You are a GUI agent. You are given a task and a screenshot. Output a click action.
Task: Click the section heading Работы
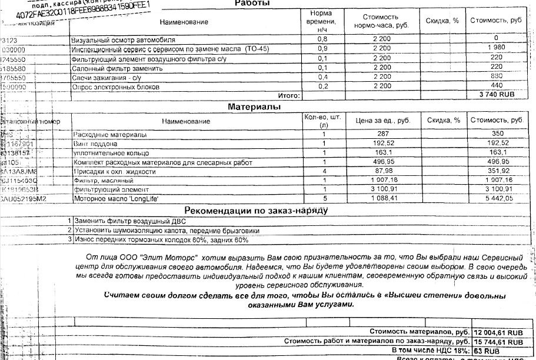point(252,4)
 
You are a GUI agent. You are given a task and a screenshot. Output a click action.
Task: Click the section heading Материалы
point(252,106)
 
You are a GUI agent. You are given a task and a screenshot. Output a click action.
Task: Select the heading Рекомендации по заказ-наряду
point(255,210)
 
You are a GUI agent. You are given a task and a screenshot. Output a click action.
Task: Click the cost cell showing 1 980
point(497,48)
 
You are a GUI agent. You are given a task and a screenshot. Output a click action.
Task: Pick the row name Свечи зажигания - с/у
point(106,77)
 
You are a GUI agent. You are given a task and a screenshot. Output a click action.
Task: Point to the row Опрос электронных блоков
point(115,86)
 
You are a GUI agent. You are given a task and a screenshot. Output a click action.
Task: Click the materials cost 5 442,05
point(497,199)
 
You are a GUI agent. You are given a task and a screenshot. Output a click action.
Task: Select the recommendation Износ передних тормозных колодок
point(161,239)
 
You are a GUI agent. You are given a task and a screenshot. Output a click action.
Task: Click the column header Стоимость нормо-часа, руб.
point(381,22)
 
